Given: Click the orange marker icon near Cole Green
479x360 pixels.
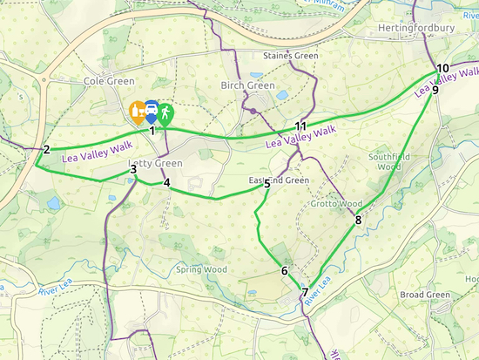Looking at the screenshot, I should (x=137, y=111).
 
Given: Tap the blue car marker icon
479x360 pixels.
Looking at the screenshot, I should (x=152, y=111).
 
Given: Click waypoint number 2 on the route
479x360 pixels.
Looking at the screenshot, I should (x=46, y=149).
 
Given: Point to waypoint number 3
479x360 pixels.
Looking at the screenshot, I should (x=133, y=169).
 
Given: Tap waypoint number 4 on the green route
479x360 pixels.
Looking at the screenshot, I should (x=166, y=183).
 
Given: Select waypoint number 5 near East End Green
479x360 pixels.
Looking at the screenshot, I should (x=266, y=184).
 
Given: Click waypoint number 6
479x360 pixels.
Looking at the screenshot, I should (x=284, y=270).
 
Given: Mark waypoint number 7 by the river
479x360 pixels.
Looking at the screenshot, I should (x=305, y=292).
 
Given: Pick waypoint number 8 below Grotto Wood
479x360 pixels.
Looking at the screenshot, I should (x=358, y=220).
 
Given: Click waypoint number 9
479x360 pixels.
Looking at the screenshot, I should (x=435, y=88).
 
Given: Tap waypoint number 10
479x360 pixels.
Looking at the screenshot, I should (x=442, y=68).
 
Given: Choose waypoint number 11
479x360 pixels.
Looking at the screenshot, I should (x=300, y=126).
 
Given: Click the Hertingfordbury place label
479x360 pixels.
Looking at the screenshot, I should (x=417, y=28).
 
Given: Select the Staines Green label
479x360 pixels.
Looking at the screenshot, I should (x=291, y=56).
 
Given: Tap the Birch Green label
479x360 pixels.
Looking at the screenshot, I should (x=245, y=85).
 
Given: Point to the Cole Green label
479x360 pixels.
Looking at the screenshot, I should (x=106, y=80).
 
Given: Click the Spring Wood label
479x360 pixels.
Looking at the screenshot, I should (x=201, y=269).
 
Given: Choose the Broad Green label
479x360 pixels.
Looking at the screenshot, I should (x=425, y=295).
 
